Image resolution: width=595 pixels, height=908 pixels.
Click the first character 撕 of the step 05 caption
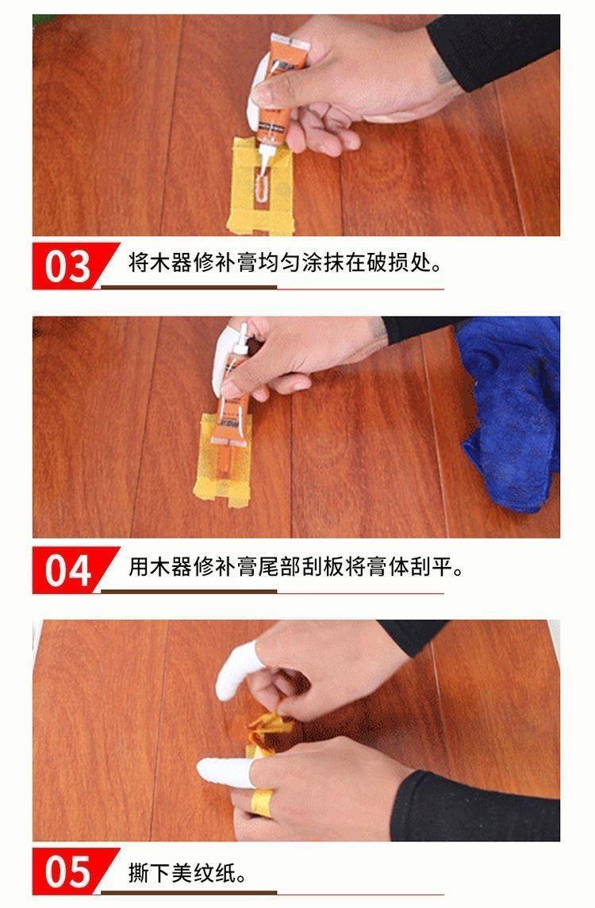(x=139, y=872)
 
